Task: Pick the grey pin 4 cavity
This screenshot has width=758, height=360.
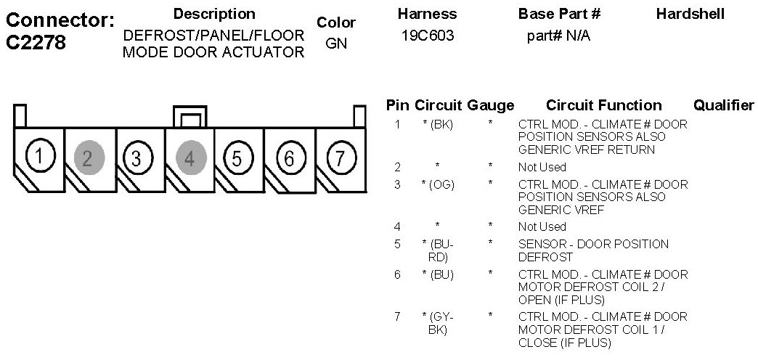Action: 190,157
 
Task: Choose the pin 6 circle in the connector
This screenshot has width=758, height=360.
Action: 288,157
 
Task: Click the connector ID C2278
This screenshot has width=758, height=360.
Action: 36,42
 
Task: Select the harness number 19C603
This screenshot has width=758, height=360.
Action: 428,36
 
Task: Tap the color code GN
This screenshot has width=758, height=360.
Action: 336,43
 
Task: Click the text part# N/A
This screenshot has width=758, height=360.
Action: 558,36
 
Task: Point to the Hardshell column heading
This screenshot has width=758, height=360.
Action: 690,14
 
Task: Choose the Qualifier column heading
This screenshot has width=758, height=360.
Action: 724,105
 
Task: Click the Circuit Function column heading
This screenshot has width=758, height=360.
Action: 603,105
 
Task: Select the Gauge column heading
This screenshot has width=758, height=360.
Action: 491,105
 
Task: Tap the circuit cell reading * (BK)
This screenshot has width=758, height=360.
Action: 438,124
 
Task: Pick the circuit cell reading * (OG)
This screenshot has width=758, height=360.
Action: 438,184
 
